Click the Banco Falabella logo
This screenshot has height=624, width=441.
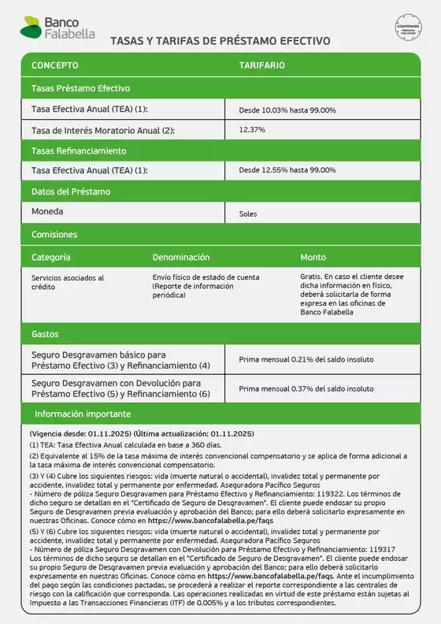point(57,30)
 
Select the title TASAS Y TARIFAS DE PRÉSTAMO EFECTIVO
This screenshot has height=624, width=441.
point(220,41)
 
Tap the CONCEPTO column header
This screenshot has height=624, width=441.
point(54,65)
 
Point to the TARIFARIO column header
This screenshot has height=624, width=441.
point(261,65)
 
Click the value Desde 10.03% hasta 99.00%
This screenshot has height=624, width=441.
point(287,110)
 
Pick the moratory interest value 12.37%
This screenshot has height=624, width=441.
point(252,129)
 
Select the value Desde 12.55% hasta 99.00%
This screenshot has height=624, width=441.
point(287,170)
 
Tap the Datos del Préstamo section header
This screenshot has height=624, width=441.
point(71,191)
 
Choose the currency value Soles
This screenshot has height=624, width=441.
point(248,214)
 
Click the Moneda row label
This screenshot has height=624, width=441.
point(47,212)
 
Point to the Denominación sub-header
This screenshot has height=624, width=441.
point(181,258)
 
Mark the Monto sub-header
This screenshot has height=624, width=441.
point(313,258)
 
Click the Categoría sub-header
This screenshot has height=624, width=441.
point(51,258)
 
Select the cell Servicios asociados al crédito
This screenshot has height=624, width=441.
point(68,282)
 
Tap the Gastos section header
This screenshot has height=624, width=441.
point(45,334)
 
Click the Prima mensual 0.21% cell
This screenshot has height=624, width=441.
point(306,360)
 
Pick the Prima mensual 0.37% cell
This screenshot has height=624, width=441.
point(306,388)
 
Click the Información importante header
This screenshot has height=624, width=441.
point(83,414)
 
